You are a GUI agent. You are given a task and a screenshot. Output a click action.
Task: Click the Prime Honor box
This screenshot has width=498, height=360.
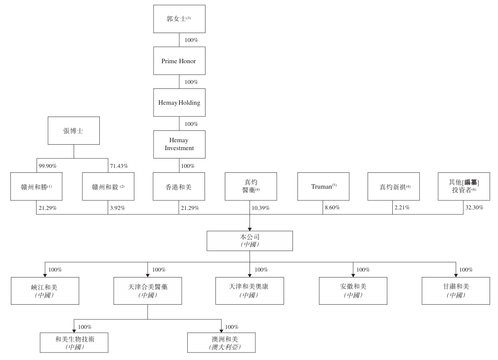[179, 61]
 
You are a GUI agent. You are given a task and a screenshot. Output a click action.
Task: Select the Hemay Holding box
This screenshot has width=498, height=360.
[179, 103]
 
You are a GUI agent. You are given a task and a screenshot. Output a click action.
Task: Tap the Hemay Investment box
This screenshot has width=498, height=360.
[179, 144]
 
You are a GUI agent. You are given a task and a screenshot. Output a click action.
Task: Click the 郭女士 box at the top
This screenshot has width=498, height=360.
[179, 19]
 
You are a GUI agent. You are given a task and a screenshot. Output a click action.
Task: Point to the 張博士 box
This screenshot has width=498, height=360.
[74, 130]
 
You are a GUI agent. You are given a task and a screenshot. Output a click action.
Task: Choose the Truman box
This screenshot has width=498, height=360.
[323, 186]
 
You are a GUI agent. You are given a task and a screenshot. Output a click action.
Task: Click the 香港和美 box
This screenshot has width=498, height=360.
[179, 186]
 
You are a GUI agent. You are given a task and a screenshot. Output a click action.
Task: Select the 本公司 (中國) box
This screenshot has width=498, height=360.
[249, 240]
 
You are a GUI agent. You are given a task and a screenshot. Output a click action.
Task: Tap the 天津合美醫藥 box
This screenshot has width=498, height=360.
[148, 290]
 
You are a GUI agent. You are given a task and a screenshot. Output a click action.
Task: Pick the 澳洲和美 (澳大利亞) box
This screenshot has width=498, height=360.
[221, 342]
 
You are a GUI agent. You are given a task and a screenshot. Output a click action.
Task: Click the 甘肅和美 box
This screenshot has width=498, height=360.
[456, 290]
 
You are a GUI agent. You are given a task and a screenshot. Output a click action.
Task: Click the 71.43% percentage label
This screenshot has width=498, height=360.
[119, 165]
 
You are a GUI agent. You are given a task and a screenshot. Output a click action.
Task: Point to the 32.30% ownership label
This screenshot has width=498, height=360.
[474, 208]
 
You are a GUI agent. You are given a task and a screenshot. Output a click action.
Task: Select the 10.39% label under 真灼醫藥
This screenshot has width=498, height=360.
[260, 208]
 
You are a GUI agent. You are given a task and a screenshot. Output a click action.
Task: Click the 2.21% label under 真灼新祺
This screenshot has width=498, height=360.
[402, 208]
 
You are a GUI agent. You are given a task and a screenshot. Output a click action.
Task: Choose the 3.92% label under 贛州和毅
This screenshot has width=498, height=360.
[117, 208]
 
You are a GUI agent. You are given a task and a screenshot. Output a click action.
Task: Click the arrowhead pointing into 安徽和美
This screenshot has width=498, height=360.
[353, 275]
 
